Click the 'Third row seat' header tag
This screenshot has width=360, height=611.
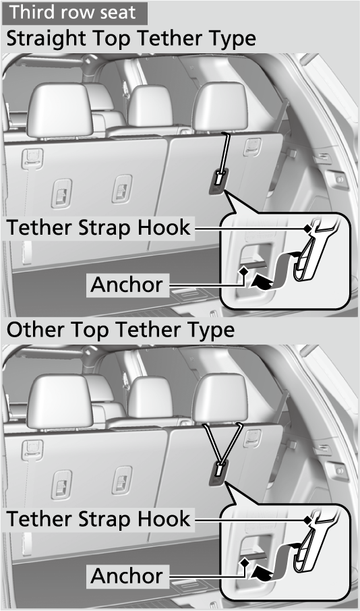(74, 12)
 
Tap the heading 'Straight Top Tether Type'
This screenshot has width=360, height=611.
(131, 38)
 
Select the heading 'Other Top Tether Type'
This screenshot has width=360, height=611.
(121, 330)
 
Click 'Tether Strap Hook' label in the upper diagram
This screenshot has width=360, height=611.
(98, 227)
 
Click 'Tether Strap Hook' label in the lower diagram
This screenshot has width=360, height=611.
(98, 519)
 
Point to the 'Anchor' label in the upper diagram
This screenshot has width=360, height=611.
(127, 285)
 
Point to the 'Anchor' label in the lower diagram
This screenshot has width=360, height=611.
(127, 576)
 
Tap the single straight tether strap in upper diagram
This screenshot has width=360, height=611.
(224, 154)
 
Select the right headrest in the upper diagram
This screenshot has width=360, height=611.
(220, 107)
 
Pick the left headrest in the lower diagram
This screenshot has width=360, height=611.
(59, 401)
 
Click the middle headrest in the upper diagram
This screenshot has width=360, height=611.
(150, 105)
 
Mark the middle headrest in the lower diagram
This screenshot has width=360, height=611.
(150, 397)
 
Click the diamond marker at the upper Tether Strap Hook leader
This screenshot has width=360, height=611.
(308, 229)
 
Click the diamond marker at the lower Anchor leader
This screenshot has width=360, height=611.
(244, 562)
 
